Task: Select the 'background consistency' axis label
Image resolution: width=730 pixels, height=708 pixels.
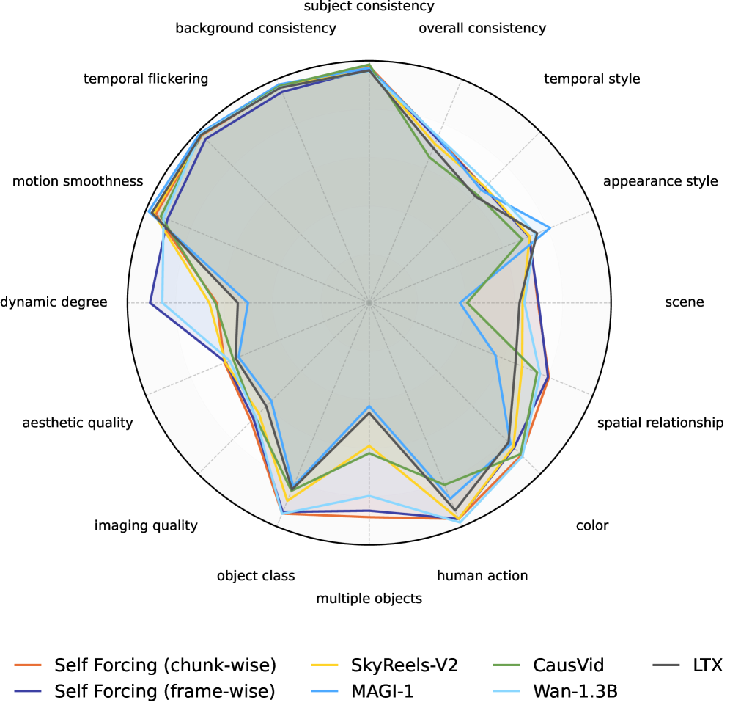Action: tap(256, 29)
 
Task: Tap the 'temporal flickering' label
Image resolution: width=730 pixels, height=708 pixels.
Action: tap(146, 79)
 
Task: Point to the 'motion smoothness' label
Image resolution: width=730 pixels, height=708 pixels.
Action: tap(78, 181)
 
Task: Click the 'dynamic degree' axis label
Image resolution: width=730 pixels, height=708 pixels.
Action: tap(54, 302)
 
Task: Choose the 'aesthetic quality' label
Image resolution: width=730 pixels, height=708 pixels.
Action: tap(78, 423)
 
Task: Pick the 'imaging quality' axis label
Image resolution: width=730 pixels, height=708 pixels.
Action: tap(146, 525)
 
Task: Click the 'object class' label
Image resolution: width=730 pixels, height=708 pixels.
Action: tap(256, 576)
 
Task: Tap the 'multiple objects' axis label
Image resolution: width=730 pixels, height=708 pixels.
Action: tap(369, 598)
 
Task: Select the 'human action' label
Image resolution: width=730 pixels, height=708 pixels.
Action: tap(482, 576)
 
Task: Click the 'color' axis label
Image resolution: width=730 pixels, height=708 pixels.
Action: tap(592, 525)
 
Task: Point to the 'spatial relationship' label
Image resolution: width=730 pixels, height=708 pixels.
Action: tap(660, 423)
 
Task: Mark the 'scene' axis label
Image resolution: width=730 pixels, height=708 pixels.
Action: tap(684, 302)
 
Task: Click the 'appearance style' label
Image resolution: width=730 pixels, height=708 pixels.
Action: tap(660, 181)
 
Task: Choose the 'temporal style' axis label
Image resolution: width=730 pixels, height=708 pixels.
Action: tap(592, 79)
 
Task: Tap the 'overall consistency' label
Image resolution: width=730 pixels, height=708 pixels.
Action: tap(482, 29)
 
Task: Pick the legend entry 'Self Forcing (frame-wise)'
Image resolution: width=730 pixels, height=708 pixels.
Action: tap(164, 690)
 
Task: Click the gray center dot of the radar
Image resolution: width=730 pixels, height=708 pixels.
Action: tap(369, 302)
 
